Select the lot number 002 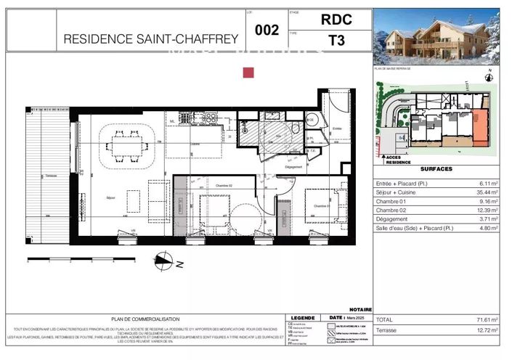pos(267,31)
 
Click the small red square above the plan pos(248,72)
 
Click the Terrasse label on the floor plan pos(51,176)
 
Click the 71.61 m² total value pos(491,319)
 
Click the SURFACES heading pos(437,169)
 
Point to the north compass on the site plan pos(489,74)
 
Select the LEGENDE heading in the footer pos(301,318)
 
